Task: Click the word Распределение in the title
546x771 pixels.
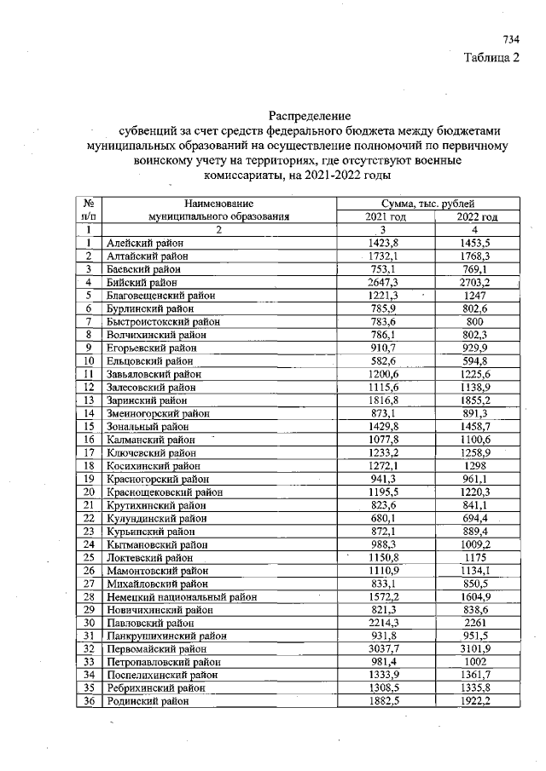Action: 310,116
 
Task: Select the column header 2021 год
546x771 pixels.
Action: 385,216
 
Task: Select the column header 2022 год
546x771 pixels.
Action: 477,216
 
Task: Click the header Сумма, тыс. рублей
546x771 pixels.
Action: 430,204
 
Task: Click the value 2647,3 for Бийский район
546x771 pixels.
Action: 386,281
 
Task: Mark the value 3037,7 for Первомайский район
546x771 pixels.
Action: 386,648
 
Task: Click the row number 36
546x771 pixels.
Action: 88,700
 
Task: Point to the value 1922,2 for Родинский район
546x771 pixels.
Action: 476,700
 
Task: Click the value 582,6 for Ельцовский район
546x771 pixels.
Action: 386,360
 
